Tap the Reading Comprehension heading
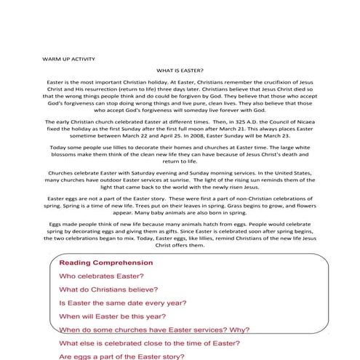click(105, 263)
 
